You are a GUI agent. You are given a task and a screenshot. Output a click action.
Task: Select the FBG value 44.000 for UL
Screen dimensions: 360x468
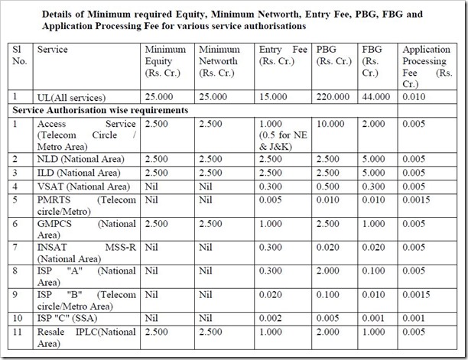(375, 96)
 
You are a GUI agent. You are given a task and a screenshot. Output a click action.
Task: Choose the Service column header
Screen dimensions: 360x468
(52, 50)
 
